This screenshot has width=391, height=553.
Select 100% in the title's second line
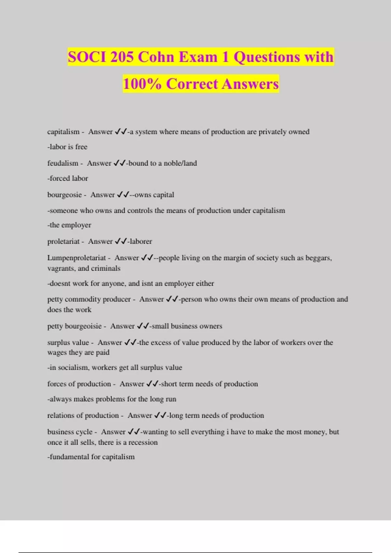142,84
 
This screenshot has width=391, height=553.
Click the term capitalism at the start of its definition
63,132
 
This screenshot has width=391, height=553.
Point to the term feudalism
63,163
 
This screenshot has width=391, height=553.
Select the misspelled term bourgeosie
64,195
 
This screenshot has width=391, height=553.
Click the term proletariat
63,241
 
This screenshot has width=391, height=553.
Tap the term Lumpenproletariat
77,258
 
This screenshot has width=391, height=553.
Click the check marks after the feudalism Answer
119,163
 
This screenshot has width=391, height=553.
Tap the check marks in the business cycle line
134,432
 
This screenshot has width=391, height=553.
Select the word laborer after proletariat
141,241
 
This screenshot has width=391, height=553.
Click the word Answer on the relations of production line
140,415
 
